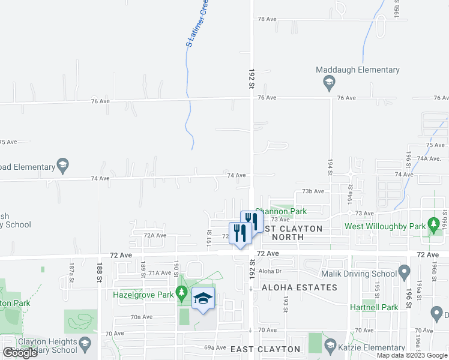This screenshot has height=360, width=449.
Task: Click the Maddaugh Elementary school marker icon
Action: (329, 82)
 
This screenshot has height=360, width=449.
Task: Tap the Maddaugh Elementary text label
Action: (358, 70)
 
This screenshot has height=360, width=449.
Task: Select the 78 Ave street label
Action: (267, 19)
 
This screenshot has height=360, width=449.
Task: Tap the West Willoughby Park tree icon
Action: (433, 226)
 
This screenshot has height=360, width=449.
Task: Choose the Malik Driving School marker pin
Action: (405, 274)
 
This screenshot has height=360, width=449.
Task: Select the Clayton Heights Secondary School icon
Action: (85, 344)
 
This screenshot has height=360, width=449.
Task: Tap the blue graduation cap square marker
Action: (203, 298)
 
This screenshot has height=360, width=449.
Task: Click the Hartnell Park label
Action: (375, 307)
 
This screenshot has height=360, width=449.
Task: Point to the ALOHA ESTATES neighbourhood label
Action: (299, 288)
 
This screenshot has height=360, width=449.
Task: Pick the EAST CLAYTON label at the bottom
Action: (265, 349)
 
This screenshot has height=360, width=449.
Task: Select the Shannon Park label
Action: (281, 211)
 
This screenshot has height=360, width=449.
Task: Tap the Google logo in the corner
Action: (20, 352)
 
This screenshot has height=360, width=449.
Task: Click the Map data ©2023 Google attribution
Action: (412, 355)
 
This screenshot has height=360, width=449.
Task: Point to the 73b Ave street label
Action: (313, 191)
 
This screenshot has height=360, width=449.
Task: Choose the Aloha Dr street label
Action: (271, 271)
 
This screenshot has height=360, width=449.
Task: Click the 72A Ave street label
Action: (155, 235)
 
